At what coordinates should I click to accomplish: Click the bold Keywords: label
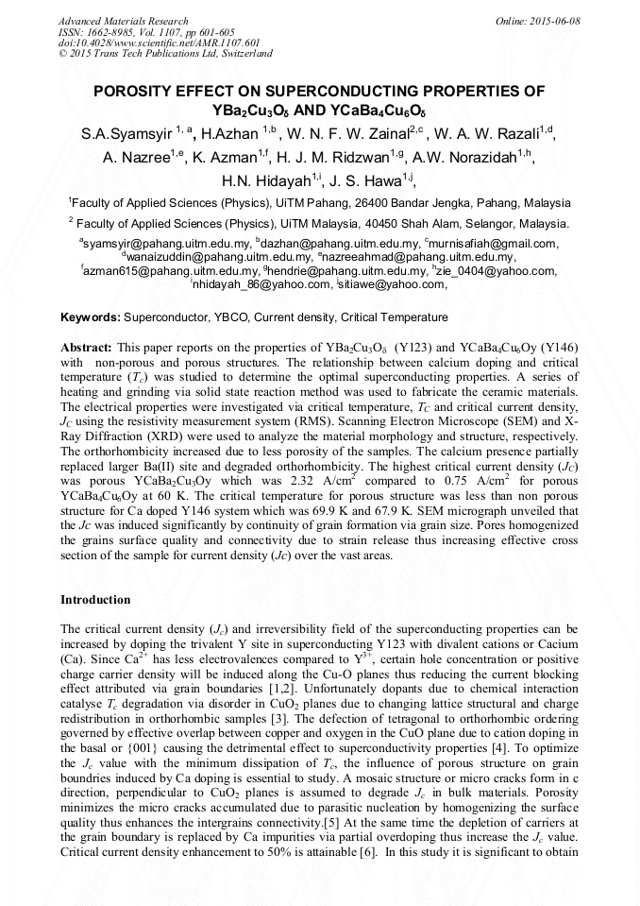point(91,317)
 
